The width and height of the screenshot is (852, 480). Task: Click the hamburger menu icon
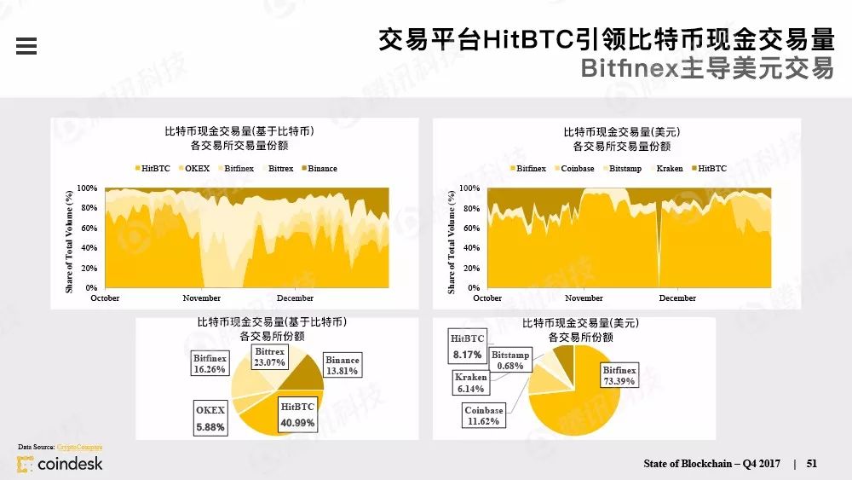coord(26,46)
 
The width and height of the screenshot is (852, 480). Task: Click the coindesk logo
coord(60,464)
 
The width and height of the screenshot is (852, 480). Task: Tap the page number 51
coord(812,463)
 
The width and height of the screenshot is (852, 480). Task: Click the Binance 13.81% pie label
coord(342,366)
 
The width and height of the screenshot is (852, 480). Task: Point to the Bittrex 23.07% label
coord(270,356)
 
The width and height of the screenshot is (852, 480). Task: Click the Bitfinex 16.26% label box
coord(210,364)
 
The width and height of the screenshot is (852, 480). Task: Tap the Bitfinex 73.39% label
coord(619,376)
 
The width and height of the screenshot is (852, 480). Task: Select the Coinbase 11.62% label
coord(483,415)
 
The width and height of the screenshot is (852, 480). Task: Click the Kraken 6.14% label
coord(470,383)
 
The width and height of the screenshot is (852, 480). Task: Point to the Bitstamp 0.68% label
coord(510,360)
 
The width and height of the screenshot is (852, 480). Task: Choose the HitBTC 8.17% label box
coord(467,347)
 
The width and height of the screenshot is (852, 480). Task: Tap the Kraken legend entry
coord(670,169)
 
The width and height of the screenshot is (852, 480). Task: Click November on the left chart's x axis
coord(202,298)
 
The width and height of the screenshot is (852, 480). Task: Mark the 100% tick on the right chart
coord(469,188)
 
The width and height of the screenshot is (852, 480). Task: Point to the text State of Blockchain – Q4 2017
coord(711,463)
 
